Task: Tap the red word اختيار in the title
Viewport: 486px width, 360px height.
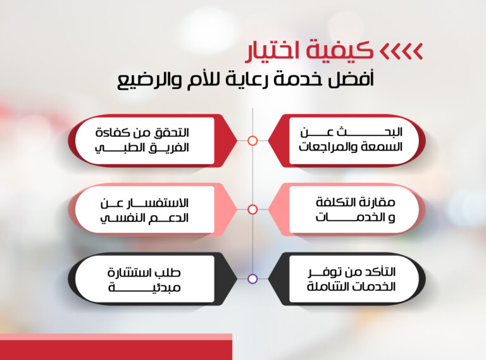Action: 272,52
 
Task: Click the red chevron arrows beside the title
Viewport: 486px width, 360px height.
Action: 401,51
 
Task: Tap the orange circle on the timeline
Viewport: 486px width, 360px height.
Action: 252,140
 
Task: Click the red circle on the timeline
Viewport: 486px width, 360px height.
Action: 252,210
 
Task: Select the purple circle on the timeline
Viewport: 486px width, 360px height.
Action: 252,279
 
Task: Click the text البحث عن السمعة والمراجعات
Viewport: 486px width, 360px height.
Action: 351,140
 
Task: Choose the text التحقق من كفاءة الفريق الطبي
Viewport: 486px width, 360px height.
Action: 142,140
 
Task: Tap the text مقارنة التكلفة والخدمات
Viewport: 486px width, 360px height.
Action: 355,210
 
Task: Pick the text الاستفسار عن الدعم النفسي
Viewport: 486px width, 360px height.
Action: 144,211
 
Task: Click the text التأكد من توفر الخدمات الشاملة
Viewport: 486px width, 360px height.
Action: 351,280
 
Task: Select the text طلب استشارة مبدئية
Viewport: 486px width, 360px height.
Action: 144,280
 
